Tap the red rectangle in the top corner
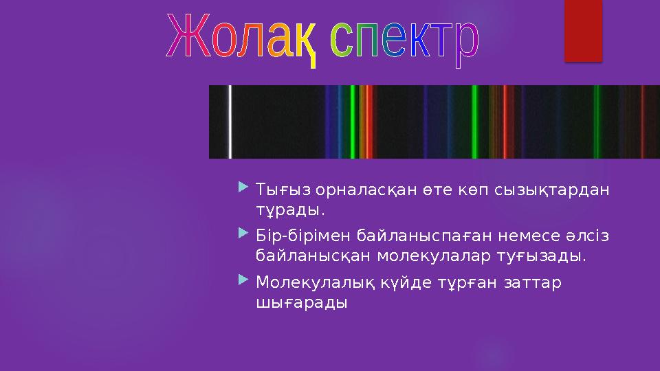point(583,30)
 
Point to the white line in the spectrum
point(230,122)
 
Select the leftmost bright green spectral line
point(352,122)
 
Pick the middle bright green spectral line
point(474,122)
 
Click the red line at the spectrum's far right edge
point(643,122)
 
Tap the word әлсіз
point(588,236)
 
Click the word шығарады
point(301,302)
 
